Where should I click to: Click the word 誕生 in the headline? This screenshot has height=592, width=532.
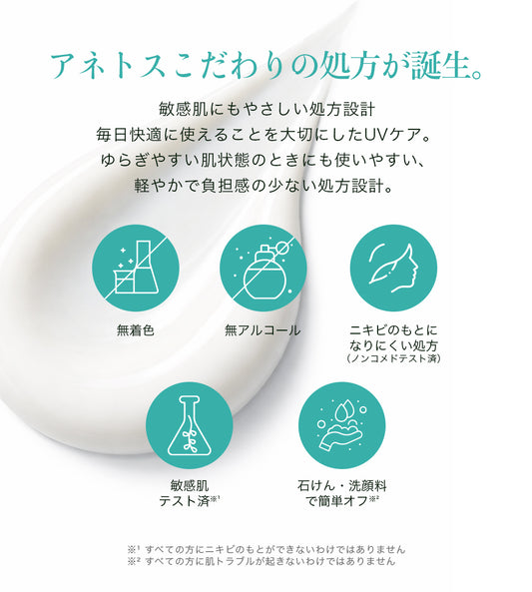click(x=439, y=67)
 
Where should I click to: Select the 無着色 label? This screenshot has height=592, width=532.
click(x=136, y=330)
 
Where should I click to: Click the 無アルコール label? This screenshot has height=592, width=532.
click(x=263, y=330)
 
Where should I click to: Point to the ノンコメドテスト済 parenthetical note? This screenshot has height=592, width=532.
click(x=393, y=357)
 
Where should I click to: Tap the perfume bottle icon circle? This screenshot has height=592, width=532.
click(x=264, y=269)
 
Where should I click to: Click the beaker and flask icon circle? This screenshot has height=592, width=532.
click(x=136, y=269)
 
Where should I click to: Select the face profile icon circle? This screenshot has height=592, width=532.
click(x=393, y=269)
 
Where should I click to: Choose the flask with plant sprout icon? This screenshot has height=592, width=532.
click(x=190, y=426)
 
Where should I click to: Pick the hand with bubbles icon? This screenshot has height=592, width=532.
click(x=341, y=426)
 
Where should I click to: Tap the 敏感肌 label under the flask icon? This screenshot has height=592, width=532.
click(x=190, y=485)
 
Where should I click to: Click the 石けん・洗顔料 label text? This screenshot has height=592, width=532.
click(x=341, y=485)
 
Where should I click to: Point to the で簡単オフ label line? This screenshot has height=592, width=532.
click(x=341, y=501)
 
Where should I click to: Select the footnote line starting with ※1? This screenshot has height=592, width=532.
click(x=266, y=549)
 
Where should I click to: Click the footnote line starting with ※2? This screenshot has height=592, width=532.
click(x=261, y=561)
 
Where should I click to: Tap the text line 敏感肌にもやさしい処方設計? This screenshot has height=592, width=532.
click(x=266, y=110)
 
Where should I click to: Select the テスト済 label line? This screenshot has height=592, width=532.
click(x=190, y=501)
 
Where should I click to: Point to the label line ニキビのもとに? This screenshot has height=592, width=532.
click(x=393, y=330)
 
